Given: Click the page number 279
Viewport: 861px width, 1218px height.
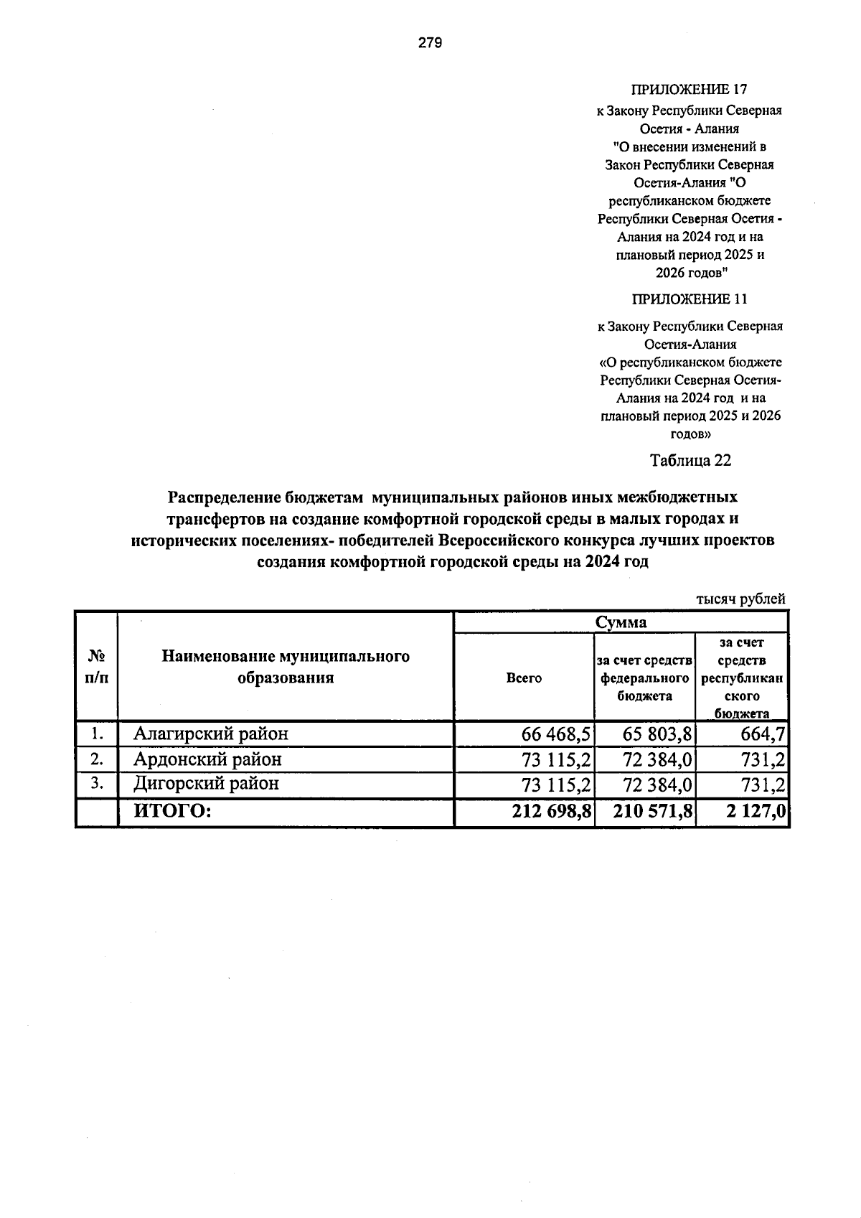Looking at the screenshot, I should [430, 43].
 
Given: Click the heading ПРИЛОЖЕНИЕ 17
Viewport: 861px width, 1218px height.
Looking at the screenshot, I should [690, 90].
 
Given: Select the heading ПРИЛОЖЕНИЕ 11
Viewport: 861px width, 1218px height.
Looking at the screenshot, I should [690, 299].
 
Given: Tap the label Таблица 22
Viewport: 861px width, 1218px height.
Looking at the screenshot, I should [690, 461].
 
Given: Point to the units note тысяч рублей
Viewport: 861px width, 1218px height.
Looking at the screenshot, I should [741, 599].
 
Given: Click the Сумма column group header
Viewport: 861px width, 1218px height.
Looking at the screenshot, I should [621, 622].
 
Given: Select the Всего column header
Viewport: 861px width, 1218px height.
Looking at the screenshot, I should [524, 678].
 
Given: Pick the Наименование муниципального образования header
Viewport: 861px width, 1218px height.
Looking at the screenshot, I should [286, 667].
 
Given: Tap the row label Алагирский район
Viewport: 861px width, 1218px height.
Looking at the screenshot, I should [211, 734].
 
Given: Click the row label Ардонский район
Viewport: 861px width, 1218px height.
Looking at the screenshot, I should [207, 759].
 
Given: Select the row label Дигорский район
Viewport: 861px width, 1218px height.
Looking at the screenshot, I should [206, 783].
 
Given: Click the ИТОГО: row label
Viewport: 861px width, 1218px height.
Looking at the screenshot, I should [172, 811].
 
